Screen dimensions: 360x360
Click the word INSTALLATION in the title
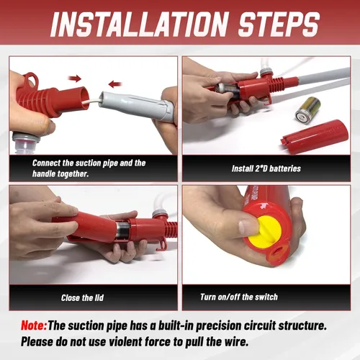pyautogui.click(x=139, y=24)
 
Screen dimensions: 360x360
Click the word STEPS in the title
pyautogui.click(x=279, y=24)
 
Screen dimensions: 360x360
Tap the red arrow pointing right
pyautogui.click(x=75, y=78)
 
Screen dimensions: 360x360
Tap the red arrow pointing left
pyautogui.click(x=114, y=84)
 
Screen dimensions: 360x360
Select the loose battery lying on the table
pyautogui.click(x=308, y=110)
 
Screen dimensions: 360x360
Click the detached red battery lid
pyautogui.click(x=315, y=137)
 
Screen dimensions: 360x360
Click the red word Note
pyautogui.click(x=34, y=325)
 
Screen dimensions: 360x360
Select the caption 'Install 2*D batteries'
pyautogui.click(x=266, y=168)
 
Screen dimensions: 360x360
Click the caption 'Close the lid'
pyautogui.click(x=82, y=298)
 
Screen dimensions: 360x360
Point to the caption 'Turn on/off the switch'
pyautogui.click(x=239, y=297)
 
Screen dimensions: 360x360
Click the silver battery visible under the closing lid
pyautogui.click(x=122, y=230)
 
